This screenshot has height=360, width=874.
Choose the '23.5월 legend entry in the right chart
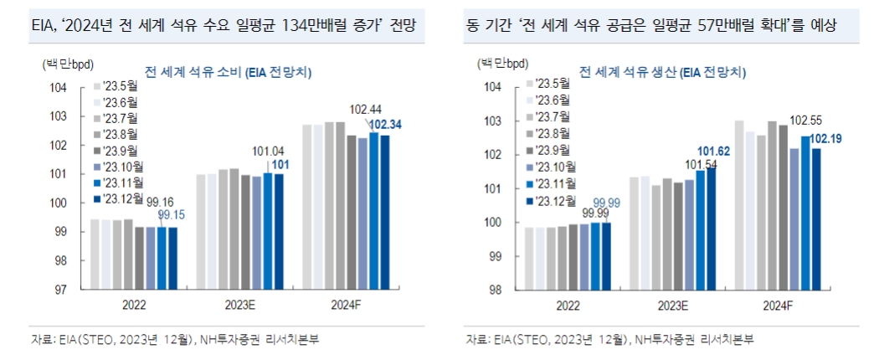(551, 83)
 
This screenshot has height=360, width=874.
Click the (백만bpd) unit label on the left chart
(64, 63)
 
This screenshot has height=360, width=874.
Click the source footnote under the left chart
(176, 339)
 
